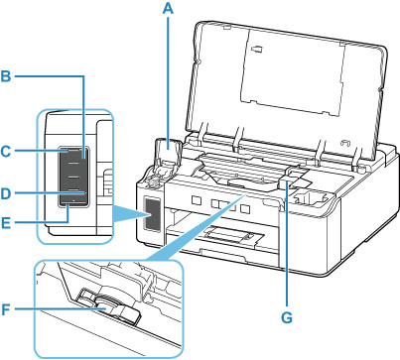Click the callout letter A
(x=168, y=9)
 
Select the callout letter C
(x=6, y=152)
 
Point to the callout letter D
(x=6, y=194)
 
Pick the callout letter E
(x=6, y=223)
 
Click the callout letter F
(x=6, y=310)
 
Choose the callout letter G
(x=287, y=318)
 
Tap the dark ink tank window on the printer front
(x=153, y=214)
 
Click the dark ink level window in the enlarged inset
(x=73, y=178)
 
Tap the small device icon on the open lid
(x=258, y=49)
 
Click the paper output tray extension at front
(x=230, y=236)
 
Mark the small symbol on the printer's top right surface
(x=345, y=143)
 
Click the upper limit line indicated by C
(x=73, y=151)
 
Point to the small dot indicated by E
(x=73, y=200)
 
